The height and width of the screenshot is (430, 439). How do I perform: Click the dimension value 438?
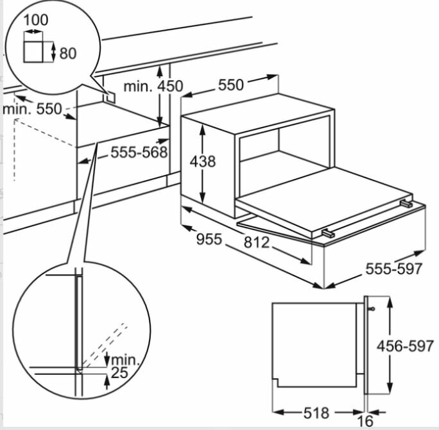(203, 161)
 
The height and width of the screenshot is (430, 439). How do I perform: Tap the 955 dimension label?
(209, 239)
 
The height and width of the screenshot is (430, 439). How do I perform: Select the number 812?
(257, 242)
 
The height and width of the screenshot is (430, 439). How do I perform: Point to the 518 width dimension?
(316, 413)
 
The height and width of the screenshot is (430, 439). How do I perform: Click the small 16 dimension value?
(366, 420)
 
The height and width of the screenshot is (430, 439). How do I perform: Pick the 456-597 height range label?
(405, 346)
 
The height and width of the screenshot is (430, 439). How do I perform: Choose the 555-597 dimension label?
(393, 269)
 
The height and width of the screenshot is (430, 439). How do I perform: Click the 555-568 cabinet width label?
(139, 152)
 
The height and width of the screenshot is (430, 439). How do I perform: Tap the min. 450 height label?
(153, 86)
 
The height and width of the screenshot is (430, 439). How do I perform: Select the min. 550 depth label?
(32, 109)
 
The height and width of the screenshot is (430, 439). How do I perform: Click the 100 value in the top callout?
(35, 20)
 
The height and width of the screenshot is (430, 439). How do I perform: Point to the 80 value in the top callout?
(68, 53)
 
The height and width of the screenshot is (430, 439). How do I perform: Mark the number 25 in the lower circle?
(119, 372)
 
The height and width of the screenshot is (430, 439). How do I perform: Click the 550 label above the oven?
(230, 85)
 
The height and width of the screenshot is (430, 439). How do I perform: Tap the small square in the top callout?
(33, 52)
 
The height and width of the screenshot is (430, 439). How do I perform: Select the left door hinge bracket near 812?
(328, 233)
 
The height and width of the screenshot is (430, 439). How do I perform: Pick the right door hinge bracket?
(406, 204)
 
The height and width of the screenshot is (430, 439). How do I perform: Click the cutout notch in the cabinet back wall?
(110, 97)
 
